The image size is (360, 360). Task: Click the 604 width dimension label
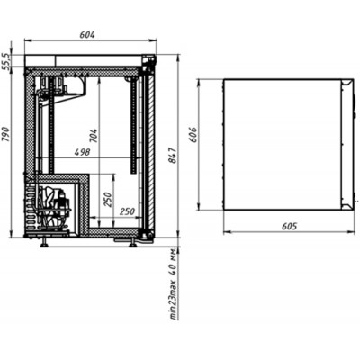click(x=87, y=35)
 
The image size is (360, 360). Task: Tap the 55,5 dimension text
click(x=6, y=62)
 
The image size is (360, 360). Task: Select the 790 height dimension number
click(x=6, y=134)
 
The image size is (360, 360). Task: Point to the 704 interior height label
click(x=94, y=136)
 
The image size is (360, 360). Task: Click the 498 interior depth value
click(x=82, y=152)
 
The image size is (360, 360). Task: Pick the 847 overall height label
click(x=174, y=156)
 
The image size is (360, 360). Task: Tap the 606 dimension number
click(x=193, y=135)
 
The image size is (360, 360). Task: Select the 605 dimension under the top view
click(x=289, y=226)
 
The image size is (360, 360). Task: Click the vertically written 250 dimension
click(x=108, y=200)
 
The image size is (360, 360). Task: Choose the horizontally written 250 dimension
click(x=127, y=211)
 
